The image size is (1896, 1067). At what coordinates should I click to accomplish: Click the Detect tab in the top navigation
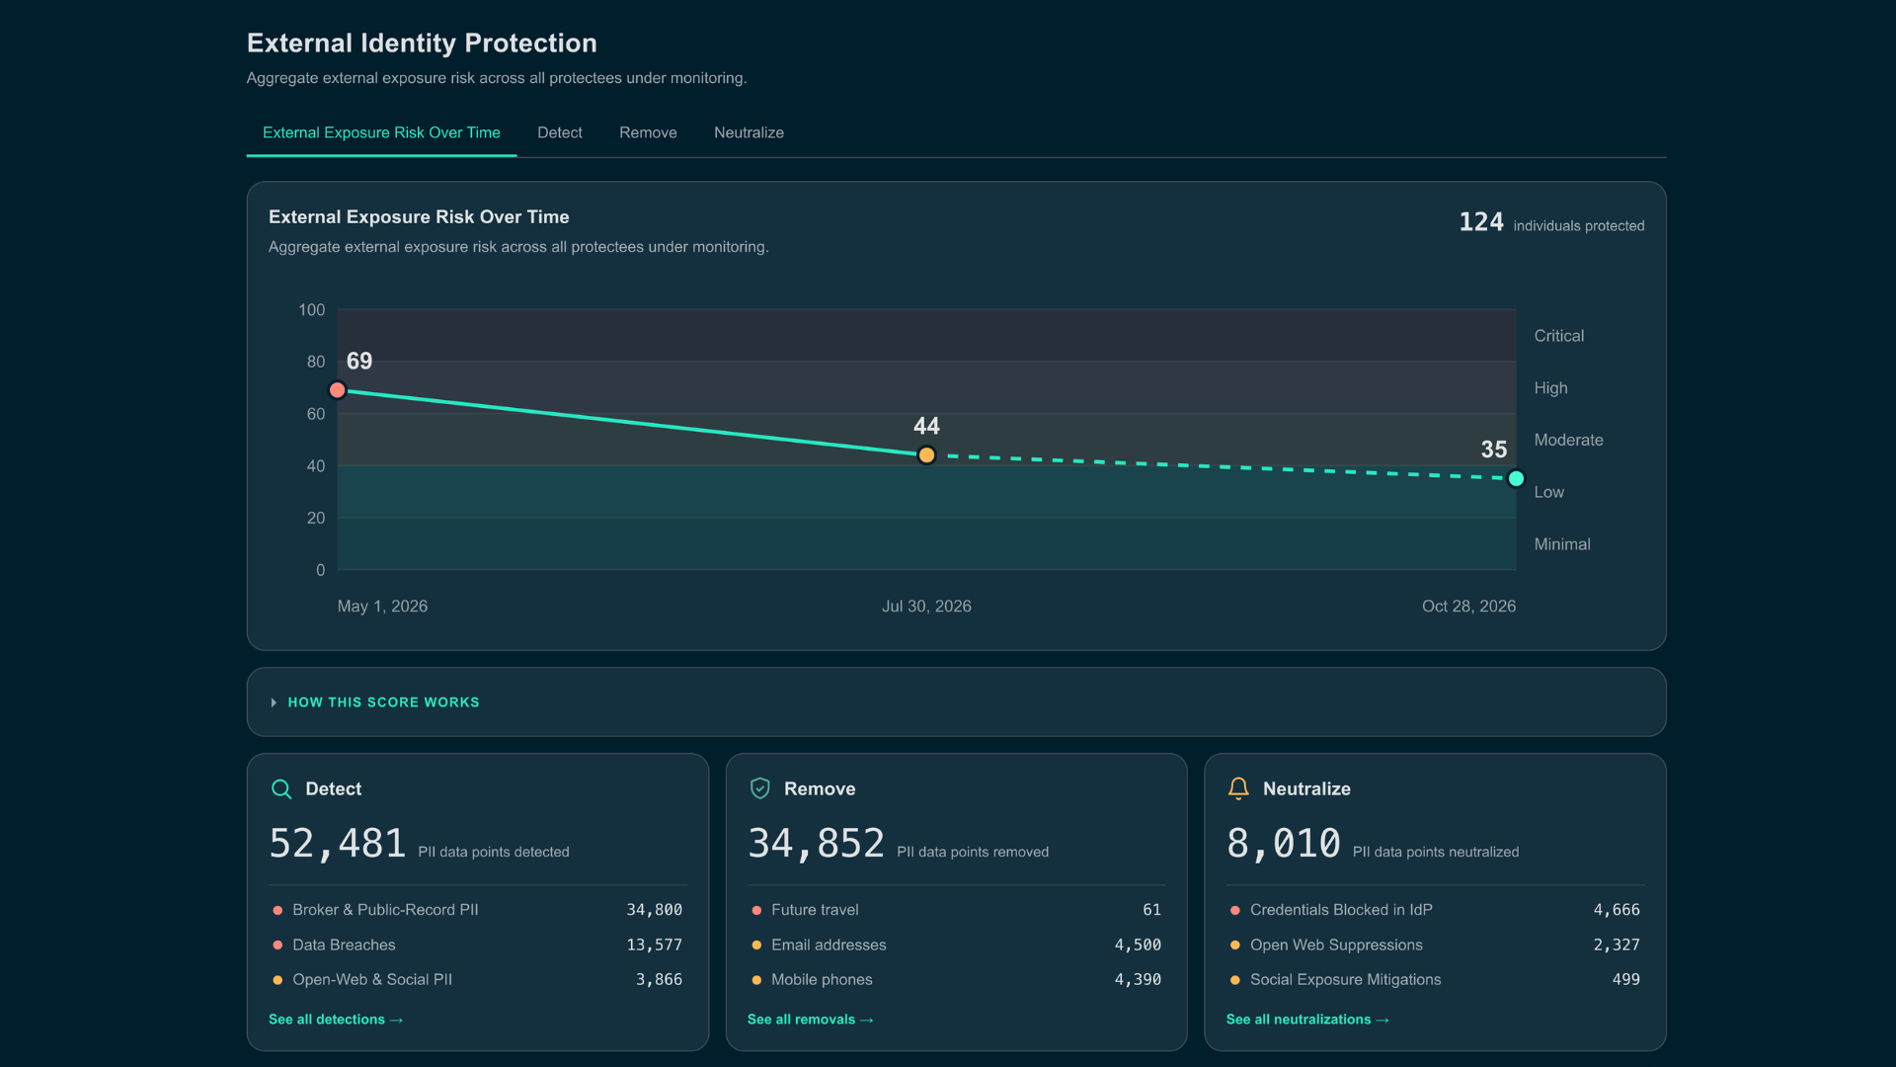click(x=559, y=132)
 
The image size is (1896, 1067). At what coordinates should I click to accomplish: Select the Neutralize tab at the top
click(x=749, y=132)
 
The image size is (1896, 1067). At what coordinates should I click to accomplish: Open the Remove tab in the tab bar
click(x=648, y=132)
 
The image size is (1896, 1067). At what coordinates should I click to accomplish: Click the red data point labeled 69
click(x=338, y=390)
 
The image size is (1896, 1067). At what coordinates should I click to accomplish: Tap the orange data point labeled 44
click(x=926, y=455)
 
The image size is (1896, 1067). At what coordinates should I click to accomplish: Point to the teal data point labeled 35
click(x=1516, y=479)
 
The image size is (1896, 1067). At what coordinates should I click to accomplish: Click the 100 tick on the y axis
click(x=312, y=310)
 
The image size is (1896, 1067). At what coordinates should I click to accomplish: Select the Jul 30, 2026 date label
click(x=926, y=607)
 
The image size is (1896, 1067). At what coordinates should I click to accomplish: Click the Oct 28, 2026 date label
click(x=1468, y=607)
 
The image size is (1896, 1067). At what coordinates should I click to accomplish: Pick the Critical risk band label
click(x=1559, y=336)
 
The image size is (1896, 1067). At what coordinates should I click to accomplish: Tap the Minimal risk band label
click(x=1562, y=544)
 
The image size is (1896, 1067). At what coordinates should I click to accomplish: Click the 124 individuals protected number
click(x=1481, y=222)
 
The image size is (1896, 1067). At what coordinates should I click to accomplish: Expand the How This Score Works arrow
click(x=274, y=702)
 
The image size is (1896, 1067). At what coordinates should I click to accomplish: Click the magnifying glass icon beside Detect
click(x=281, y=788)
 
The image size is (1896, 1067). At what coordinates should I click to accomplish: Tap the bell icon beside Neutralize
click(x=1238, y=788)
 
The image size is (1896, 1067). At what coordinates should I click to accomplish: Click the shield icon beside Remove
click(x=759, y=788)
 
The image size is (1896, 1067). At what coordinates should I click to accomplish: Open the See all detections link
click(x=336, y=1020)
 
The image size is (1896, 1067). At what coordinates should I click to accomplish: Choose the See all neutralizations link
click(x=1307, y=1020)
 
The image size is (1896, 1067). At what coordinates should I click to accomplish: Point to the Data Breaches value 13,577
click(x=654, y=945)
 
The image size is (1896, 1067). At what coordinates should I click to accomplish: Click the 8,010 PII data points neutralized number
click(x=1284, y=844)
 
